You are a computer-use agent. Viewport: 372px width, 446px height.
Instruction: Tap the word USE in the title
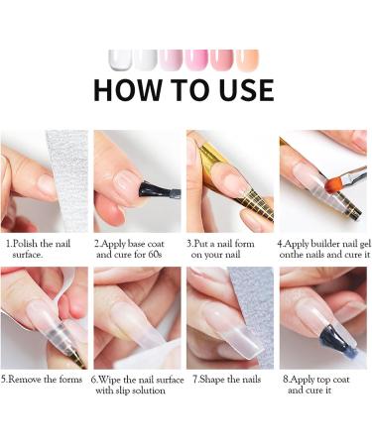[237, 89]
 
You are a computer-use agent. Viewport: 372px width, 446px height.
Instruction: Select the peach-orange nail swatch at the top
[247, 58]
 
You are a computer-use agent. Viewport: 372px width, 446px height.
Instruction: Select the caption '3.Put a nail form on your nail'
[227, 248]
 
